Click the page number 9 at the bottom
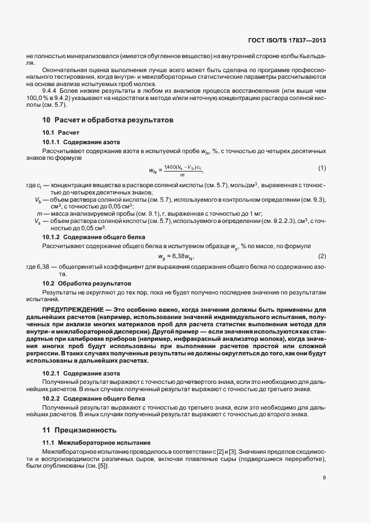[x=324, y=477]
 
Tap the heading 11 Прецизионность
[x=79, y=430]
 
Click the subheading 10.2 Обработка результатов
[x=87, y=283]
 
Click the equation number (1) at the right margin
[x=322, y=168]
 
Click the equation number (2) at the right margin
[x=322, y=256]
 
